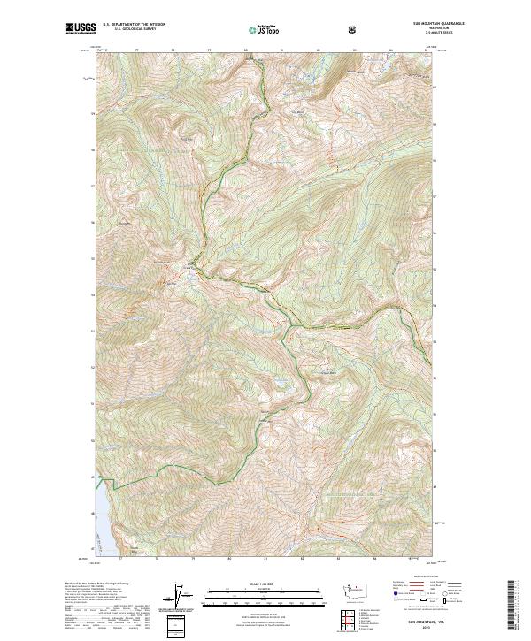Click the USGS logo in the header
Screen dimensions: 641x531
coord(81,29)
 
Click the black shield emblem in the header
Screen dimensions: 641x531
coord(353,29)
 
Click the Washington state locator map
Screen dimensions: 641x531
coord(345,590)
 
